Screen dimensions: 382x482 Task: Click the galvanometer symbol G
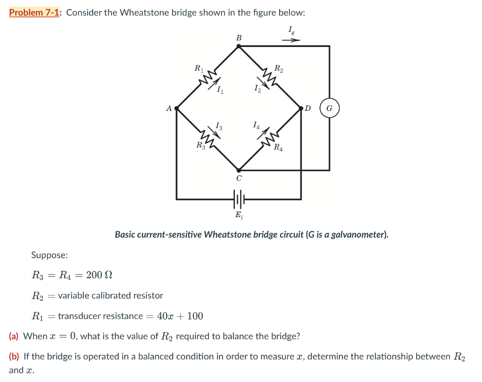[x=329, y=109]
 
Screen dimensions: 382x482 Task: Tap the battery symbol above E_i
[x=239, y=199]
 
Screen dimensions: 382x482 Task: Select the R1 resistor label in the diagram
[x=199, y=69]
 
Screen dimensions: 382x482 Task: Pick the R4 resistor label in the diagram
[x=279, y=148]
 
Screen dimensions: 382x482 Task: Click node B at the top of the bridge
[x=239, y=46]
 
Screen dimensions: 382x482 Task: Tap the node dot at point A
[x=177, y=109]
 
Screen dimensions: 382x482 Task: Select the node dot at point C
[x=239, y=171]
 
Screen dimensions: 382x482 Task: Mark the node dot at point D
[x=301, y=109]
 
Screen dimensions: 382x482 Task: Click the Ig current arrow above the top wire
[x=290, y=40]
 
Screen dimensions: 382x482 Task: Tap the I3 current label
[x=218, y=125]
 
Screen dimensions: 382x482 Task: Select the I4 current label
[x=256, y=125]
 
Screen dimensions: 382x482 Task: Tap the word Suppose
[x=49, y=255]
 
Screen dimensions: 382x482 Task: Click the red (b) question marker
[x=15, y=356]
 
